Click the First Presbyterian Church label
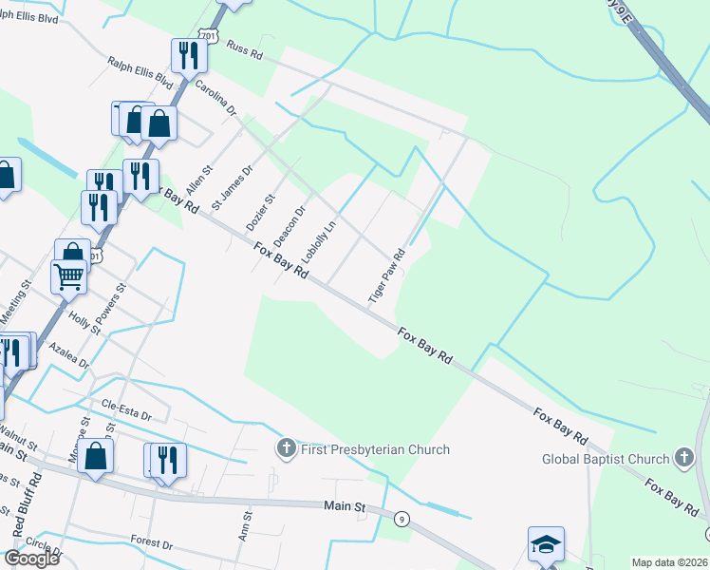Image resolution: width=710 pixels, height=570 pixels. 374,449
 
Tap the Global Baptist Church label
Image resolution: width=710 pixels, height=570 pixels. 606,459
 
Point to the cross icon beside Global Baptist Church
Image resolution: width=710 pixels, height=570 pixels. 683,459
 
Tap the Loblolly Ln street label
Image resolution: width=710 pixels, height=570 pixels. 319,243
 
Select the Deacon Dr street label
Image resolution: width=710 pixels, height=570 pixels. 290,226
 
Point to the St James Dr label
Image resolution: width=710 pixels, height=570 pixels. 233,187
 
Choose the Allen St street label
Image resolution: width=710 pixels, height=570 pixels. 200,178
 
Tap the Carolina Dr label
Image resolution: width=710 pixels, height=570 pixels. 215,99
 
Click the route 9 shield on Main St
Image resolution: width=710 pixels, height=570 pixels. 402,519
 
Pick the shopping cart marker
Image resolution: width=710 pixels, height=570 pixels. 68,276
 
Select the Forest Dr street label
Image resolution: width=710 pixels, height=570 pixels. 153,545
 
